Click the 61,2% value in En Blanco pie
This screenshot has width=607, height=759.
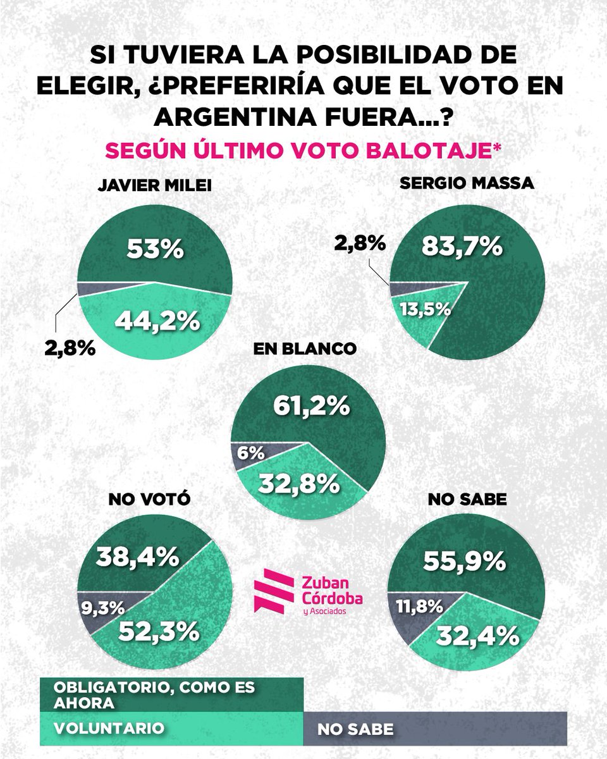311,406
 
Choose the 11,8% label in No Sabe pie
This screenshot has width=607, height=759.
419,606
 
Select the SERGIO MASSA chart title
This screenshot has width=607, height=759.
467,183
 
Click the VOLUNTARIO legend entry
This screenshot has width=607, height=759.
109,727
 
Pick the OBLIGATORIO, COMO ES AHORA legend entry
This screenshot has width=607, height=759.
155,695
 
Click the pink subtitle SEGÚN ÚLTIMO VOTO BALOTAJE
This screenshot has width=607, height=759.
303,152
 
